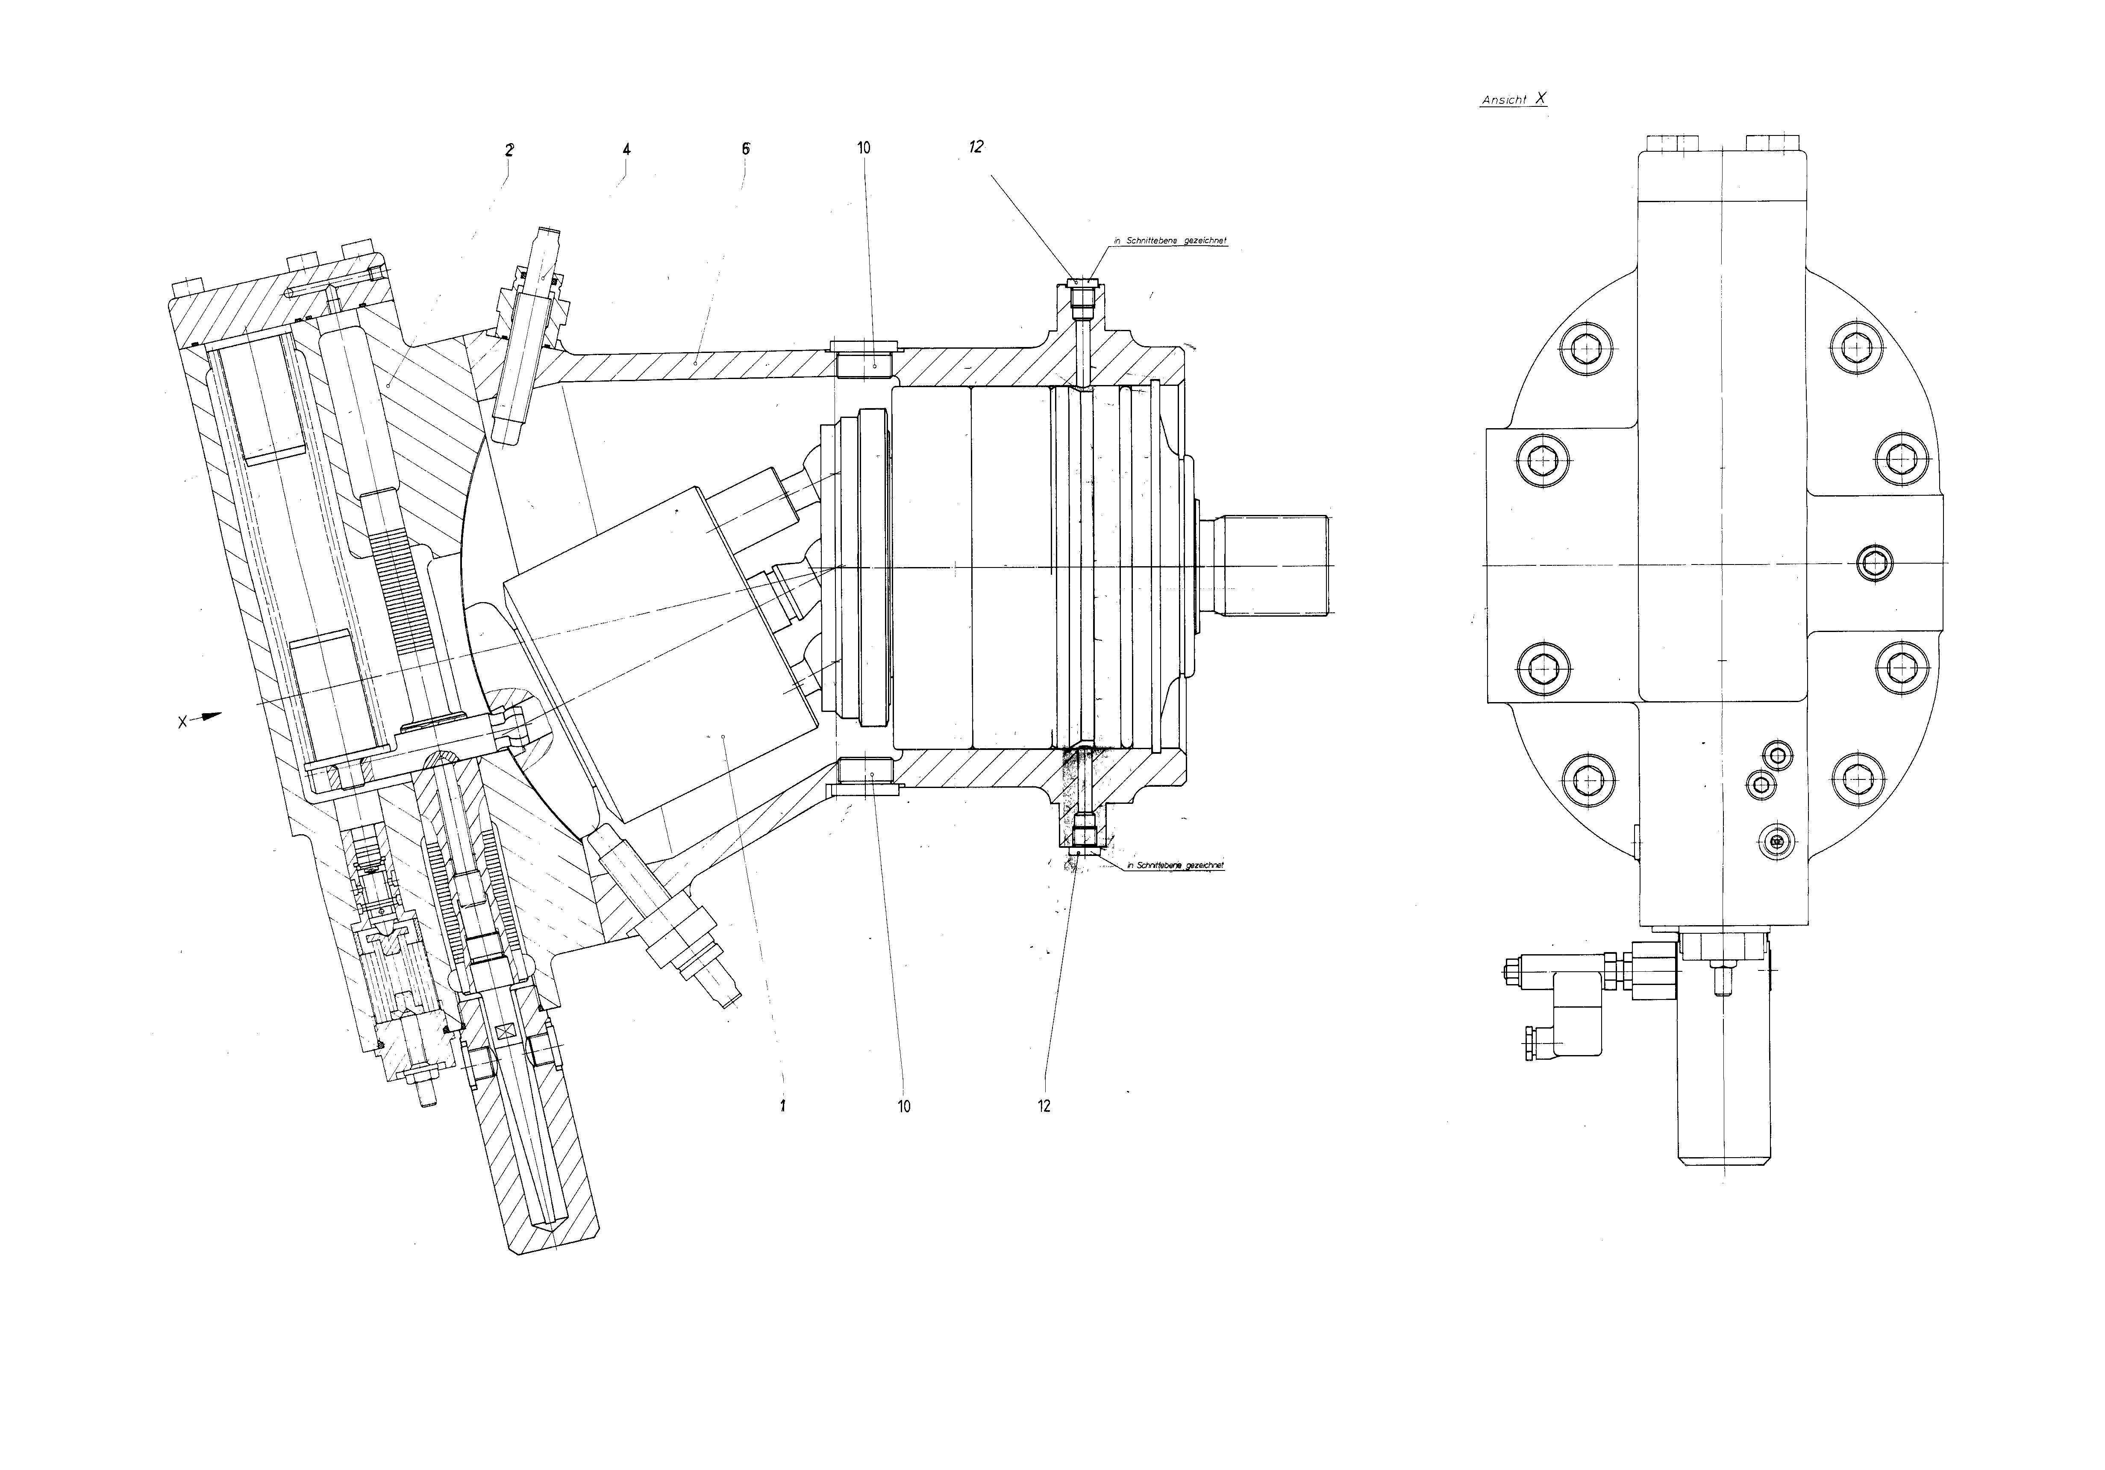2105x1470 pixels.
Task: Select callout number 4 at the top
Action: tap(626, 150)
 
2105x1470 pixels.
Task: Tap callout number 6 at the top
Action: tap(745, 149)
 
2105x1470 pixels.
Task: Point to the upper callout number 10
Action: tap(864, 148)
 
